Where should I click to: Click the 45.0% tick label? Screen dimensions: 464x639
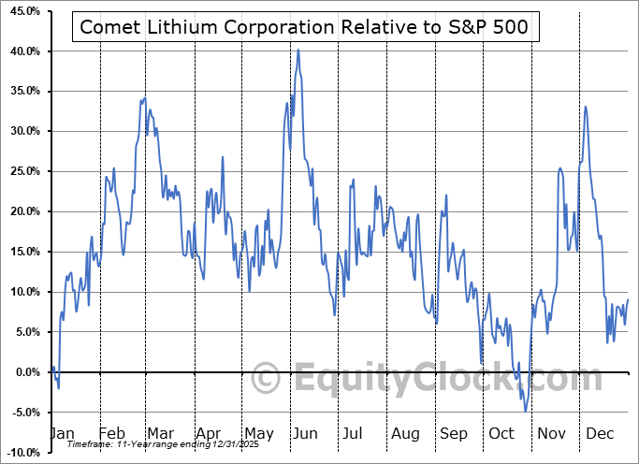click(22, 11)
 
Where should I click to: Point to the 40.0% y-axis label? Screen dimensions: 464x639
click(22, 51)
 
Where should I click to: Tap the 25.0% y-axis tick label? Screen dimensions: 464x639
click(22, 172)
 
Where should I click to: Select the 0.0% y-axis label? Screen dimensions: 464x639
click(24, 372)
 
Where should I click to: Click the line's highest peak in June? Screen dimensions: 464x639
click(298, 50)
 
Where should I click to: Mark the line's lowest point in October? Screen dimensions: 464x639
click(526, 411)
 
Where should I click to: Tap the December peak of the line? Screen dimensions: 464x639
click(586, 106)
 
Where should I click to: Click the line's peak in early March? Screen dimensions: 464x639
click(144, 97)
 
